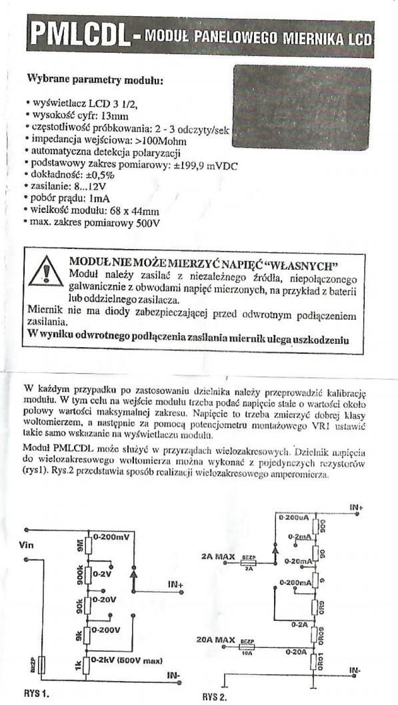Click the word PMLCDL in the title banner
[78, 34]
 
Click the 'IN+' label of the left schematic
[175, 584]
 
